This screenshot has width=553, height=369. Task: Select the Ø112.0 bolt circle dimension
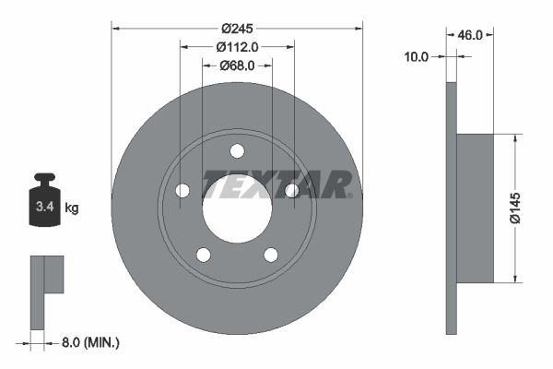237,46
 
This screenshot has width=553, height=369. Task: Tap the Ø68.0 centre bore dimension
237,65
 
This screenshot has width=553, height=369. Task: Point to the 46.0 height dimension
471,34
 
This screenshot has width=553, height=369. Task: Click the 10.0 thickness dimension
418,57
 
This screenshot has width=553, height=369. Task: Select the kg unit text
72,208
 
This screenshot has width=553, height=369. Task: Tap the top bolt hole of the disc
237,150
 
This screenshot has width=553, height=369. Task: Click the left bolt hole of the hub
182,190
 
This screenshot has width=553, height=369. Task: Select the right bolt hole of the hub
291,190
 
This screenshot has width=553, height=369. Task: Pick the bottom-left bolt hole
204,255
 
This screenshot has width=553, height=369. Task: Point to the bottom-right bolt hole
271,255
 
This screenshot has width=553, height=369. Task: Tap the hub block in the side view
475,208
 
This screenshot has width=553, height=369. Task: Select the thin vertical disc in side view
451,208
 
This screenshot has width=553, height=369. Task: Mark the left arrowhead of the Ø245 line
115,27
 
